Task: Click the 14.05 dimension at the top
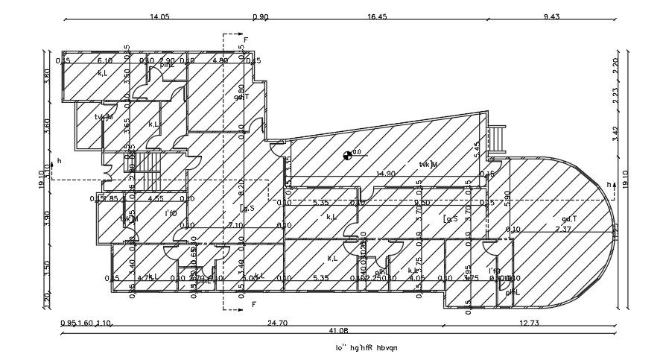[160, 16]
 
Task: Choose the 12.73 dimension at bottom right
[529, 323]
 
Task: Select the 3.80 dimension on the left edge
[46, 75]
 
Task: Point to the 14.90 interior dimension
[386, 174]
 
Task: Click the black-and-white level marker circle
[346, 155]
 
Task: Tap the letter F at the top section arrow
[246, 37]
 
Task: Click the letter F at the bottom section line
[253, 304]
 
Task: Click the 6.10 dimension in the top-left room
[105, 60]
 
